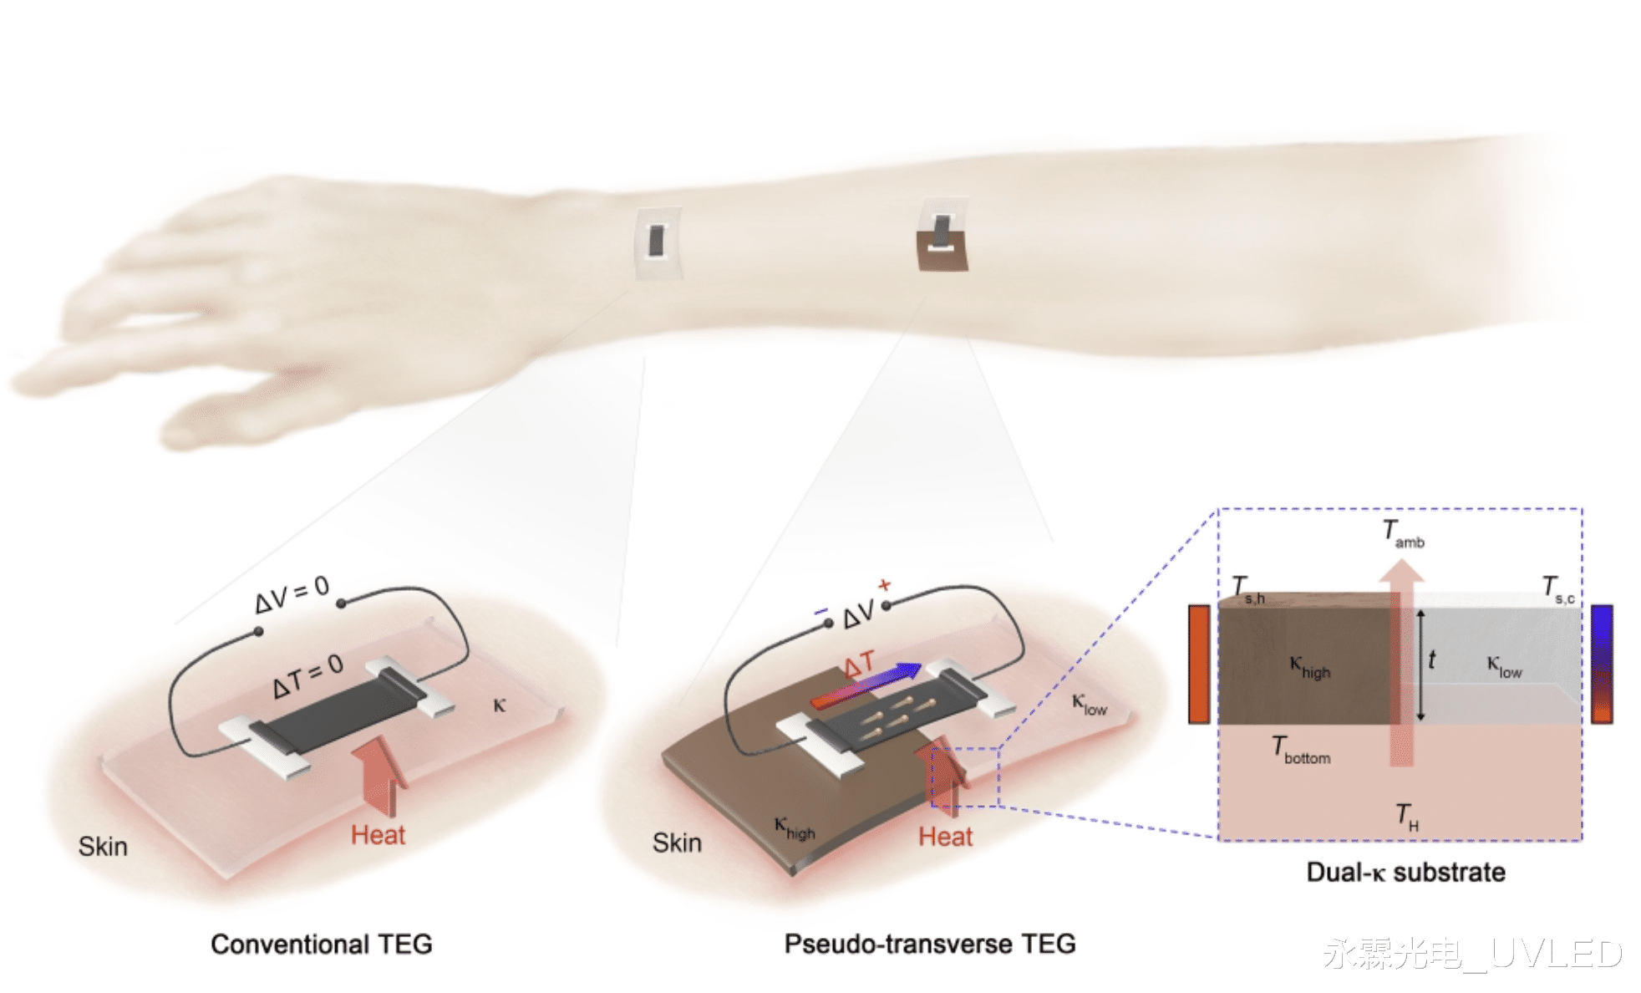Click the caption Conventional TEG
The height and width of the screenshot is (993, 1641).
tap(322, 944)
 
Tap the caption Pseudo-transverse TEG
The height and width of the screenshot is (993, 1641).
tap(929, 944)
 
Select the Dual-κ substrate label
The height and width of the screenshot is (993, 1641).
tap(1405, 872)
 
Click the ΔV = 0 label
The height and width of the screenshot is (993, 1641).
tap(292, 593)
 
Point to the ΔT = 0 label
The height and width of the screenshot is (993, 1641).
tap(307, 675)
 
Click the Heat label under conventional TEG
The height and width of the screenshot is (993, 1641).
tap(378, 835)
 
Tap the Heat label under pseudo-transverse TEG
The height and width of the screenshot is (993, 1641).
tap(945, 837)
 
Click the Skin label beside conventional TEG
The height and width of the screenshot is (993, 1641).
tap(103, 847)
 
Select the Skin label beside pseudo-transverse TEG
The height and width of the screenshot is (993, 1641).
tap(677, 843)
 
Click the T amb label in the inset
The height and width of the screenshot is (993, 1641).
tap(1402, 533)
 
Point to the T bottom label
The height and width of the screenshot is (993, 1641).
tap(1301, 749)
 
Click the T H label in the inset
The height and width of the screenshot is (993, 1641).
tap(1407, 815)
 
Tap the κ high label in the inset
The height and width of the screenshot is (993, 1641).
tap(1309, 667)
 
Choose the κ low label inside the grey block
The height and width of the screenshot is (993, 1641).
tap(1503, 666)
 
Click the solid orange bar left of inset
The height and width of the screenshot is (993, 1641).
tap(1199, 664)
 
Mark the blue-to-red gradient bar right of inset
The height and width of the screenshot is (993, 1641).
tap(1602, 664)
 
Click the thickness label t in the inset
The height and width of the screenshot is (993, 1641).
tap(1431, 660)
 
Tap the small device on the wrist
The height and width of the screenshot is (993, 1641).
tap(658, 242)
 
